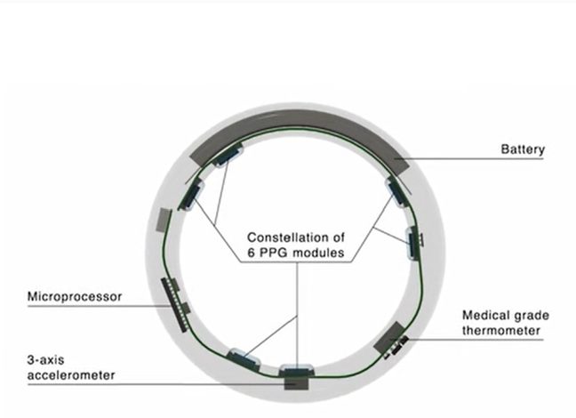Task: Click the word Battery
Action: (x=523, y=149)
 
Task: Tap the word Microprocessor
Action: (x=75, y=296)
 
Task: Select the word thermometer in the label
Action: (x=501, y=331)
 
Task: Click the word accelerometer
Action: (x=71, y=375)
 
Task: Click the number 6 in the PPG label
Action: (x=251, y=253)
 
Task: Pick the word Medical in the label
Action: (x=485, y=316)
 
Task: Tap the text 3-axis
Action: (x=45, y=359)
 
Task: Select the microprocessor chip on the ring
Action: (x=175, y=304)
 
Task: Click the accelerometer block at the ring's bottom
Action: (x=297, y=383)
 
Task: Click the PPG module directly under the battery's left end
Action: (x=228, y=155)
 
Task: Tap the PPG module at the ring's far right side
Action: (x=414, y=243)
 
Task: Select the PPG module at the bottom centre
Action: (x=297, y=370)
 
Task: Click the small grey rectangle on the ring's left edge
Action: (x=164, y=221)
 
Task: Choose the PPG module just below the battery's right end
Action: (x=396, y=191)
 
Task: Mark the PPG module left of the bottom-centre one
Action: (x=244, y=359)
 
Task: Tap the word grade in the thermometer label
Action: (x=531, y=316)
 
